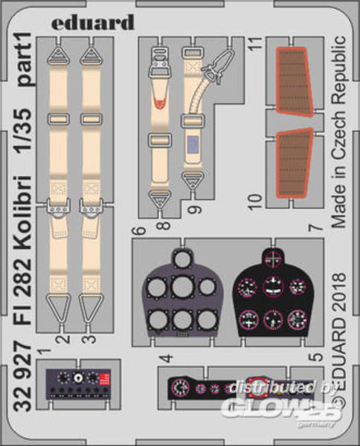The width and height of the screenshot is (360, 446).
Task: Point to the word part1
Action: (x=25, y=59)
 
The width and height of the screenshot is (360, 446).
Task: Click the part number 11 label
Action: (x=256, y=43)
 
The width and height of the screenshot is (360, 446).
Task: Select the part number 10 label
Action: (x=255, y=202)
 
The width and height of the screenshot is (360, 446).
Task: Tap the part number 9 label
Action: (x=195, y=210)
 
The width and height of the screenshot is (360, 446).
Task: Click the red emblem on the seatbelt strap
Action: (x=161, y=103)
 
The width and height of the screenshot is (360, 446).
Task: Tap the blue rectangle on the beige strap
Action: (x=194, y=143)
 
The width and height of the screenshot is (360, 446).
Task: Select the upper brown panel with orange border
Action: (x=294, y=81)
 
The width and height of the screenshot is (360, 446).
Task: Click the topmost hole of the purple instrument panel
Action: (x=182, y=260)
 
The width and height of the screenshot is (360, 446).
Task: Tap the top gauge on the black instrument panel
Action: (x=273, y=258)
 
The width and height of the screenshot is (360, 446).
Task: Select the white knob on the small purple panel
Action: (x=77, y=378)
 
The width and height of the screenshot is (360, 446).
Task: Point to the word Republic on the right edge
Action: (x=339, y=68)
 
